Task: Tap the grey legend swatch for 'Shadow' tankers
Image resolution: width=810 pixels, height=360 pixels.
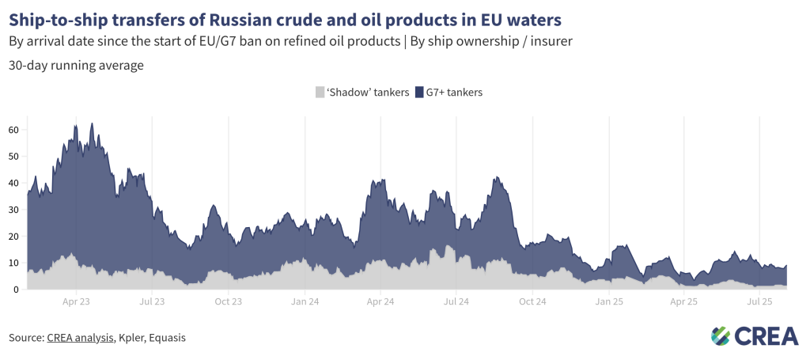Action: click(320, 93)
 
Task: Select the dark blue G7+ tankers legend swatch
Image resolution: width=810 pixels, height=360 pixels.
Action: click(420, 93)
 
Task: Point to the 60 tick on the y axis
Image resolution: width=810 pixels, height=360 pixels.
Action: click(13, 130)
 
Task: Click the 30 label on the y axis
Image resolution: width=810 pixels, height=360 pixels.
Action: click(13, 210)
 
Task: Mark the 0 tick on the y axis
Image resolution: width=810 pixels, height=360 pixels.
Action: click(16, 290)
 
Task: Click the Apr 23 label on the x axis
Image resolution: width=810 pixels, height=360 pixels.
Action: click(76, 301)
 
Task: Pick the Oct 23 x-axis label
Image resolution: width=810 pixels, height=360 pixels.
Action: click(228, 301)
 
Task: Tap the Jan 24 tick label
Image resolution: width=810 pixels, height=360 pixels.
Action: click(305, 301)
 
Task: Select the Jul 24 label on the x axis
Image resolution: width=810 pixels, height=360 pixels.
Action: click(456, 301)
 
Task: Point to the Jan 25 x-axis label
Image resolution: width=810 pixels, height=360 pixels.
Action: click(608, 301)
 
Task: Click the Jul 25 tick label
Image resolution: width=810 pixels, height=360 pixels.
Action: click(760, 301)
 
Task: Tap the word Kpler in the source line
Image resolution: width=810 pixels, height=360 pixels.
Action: click(131, 338)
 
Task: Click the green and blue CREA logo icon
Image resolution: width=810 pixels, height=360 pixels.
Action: click(721, 336)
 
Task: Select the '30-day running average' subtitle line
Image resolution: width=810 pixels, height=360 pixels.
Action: click(76, 66)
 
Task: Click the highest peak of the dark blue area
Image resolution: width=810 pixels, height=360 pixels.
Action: click(93, 124)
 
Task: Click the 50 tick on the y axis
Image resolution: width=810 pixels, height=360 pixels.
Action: click(13, 157)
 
